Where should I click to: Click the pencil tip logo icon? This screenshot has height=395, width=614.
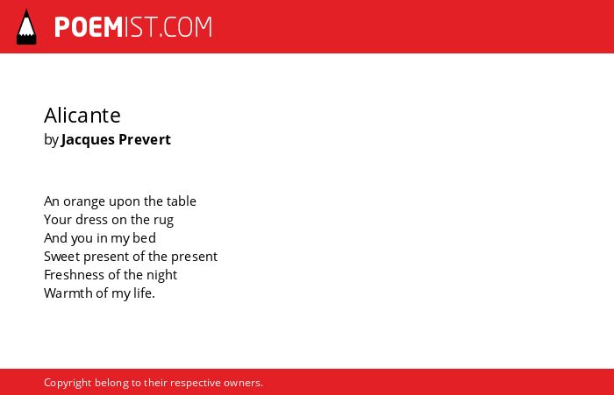pos(26,27)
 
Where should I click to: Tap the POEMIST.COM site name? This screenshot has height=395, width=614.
pos(133,27)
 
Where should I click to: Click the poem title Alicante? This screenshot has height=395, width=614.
pos(82,115)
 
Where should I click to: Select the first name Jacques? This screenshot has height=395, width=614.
pos(88,140)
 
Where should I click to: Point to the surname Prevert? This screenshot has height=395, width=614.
pos(145,139)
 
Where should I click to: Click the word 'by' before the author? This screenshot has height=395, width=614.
pos(51,140)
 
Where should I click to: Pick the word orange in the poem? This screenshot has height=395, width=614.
pos(84,201)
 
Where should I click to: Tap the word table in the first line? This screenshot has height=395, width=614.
pos(182,201)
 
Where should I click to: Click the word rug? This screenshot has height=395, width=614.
pos(163,221)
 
